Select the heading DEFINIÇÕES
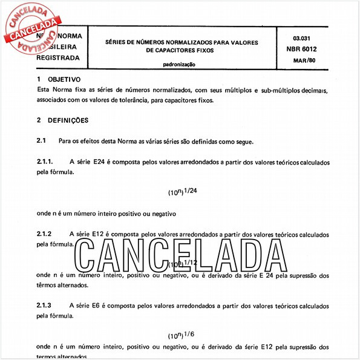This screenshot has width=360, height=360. (x=68, y=120)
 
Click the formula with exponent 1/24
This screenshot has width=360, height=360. (x=182, y=192)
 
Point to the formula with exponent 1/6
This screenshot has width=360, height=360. (x=182, y=335)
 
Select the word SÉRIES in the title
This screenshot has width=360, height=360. (x=117, y=42)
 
